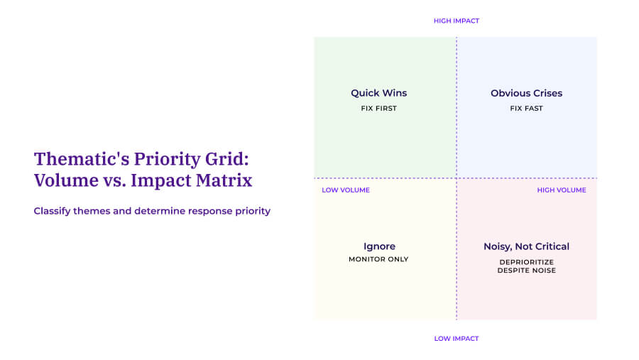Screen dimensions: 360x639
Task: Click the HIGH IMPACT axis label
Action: point(456,21)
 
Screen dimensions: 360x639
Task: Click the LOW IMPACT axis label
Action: point(456,339)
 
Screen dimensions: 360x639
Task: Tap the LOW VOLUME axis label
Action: point(345,190)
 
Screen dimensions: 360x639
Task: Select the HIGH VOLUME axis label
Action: point(562,190)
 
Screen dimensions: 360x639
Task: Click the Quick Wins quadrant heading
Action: point(378,93)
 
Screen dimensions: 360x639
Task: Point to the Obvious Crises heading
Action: point(526,93)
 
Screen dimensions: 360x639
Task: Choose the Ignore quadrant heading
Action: point(378,246)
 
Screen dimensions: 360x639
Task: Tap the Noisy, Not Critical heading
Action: point(526,246)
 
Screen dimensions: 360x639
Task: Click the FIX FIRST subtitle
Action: point(378,109)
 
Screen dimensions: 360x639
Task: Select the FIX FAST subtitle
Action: point(526,109)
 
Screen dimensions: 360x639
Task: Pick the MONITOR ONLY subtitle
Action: point(378,259)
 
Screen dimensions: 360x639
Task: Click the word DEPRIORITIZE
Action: point(526,261)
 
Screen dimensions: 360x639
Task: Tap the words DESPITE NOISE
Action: point(526,271)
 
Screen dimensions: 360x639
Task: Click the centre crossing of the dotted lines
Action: point(456,178)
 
